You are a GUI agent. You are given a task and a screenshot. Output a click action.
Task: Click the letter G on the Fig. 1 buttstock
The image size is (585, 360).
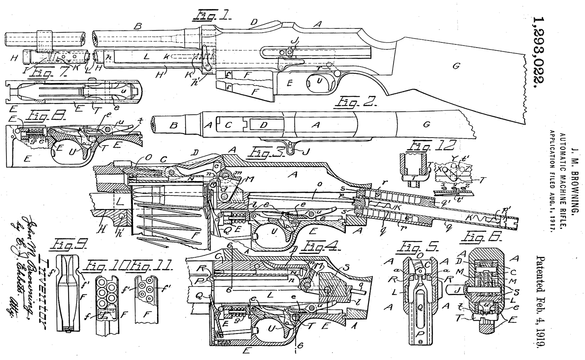coord(456,66)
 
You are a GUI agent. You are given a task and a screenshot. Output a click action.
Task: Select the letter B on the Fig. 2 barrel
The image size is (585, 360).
coord(173,125)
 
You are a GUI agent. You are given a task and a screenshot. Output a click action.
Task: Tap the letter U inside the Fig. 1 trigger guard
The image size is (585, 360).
coord(319,79)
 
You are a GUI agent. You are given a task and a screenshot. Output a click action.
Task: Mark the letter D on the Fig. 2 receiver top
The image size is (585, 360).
coord(264,125)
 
